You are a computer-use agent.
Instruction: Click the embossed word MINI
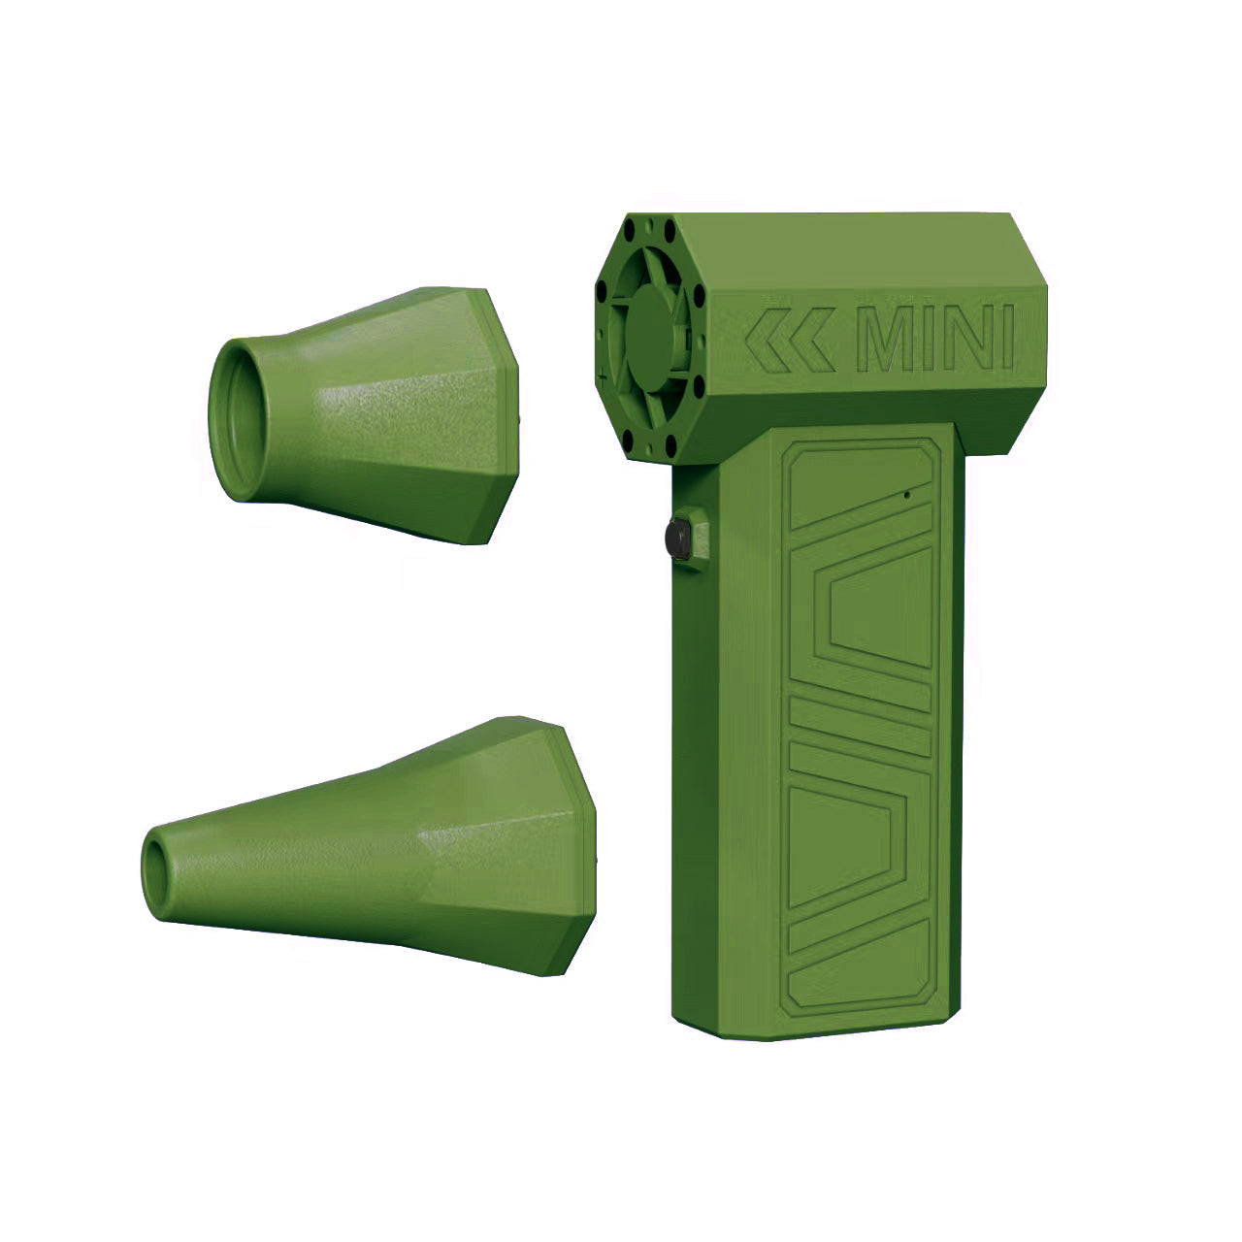pyautogui.click(x=936, y=339)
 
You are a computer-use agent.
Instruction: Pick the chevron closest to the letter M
pyautogui.click(x=812, y=341)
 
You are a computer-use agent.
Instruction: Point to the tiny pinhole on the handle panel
pyautogui.click(x=907, y=495)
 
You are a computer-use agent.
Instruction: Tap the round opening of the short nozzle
pyautogui.click(x=239, y=419)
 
